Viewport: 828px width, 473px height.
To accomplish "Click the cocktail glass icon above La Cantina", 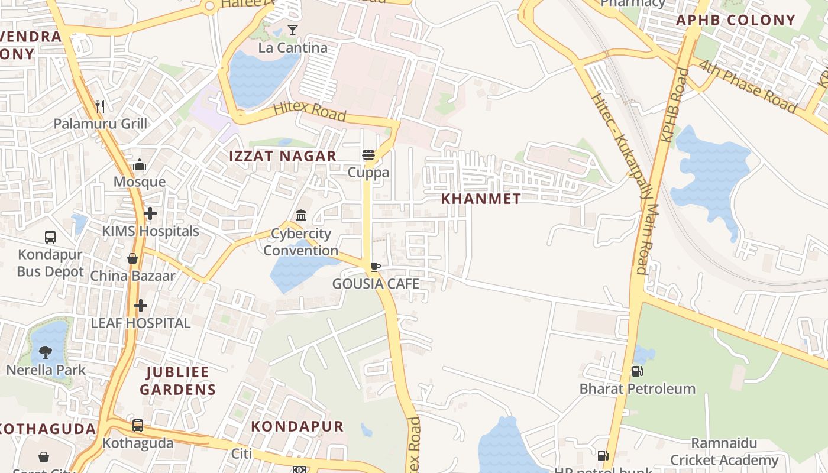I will tap(293, 30).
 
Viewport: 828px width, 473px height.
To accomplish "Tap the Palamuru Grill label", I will tap(101, 124).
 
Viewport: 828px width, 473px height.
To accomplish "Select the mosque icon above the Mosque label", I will tap(140, 164).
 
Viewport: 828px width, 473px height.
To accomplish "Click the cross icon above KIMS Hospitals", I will tap(150, 213).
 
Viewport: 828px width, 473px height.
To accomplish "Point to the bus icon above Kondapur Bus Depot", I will tap(50, 237).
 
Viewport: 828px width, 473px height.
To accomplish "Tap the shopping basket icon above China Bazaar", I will tap(132, 258).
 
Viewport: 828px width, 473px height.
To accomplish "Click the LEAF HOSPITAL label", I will tap(140, 323).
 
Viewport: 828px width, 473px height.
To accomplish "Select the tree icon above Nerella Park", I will tap(46, 352).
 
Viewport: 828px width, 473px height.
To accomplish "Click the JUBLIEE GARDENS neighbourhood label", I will tap(177, 381).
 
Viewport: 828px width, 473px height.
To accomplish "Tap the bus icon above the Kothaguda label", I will tap(138, 425).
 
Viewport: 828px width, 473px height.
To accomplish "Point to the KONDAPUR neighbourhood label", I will tap(297, 426).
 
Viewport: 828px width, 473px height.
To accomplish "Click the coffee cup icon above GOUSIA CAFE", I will tap(376, 267).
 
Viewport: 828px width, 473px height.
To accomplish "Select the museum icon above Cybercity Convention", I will tap(301, 215).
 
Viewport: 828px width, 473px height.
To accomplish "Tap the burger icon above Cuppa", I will tap(368, 155).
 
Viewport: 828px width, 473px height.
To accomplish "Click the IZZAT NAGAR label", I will tap(283, 156).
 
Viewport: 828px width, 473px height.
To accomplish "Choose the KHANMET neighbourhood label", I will tap(481, 199).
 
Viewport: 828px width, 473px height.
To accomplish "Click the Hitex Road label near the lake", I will tap(309, 112).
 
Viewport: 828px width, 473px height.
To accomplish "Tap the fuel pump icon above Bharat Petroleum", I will tap(638, 371).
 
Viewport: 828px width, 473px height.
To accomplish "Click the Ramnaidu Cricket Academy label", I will tap(724, 452).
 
